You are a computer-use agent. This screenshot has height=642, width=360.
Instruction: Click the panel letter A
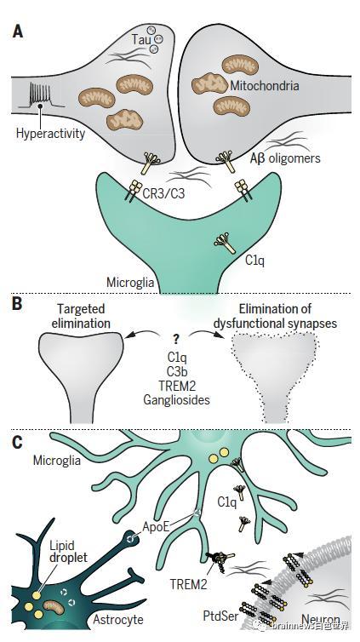click(x=18, y=32)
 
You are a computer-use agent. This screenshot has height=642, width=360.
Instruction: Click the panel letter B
click(x=17, y=306)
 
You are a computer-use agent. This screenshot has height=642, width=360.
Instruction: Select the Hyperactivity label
click(x=50, y=133)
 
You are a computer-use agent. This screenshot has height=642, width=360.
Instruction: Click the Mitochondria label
click(x=265, y=86)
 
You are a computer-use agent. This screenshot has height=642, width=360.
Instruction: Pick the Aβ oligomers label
click(x=285, y=158)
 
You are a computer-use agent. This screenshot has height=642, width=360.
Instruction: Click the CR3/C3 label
click(x=163, y=192)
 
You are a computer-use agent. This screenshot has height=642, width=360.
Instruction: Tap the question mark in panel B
click(x=177, y=340)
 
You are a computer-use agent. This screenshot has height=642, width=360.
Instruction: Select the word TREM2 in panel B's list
click(x=177, y=385)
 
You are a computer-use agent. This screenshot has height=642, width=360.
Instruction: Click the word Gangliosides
click(x=176, y=399)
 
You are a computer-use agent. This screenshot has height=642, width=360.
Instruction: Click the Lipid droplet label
click(x=68, y=551)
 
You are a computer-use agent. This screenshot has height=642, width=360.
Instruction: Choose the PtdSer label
click(x=221, y=616)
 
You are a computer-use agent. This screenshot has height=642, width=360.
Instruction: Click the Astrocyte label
click(x=118, y=620)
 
